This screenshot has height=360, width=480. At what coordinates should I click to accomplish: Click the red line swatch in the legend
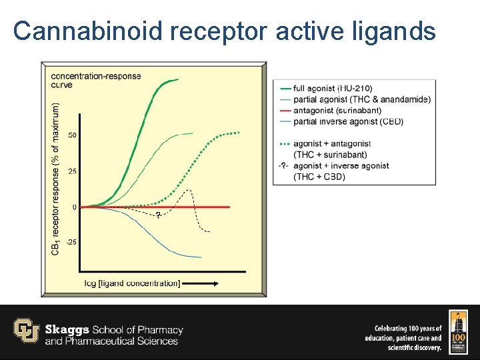click(284, 110)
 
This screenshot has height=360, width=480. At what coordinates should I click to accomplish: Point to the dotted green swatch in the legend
click(284, 143)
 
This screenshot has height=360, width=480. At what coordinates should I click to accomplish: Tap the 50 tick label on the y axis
click(72, 135)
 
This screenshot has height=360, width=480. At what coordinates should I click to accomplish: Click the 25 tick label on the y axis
click(72, 171)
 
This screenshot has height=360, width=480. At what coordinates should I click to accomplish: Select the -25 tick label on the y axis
click(71, 242)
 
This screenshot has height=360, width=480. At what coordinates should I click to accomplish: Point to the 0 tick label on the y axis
click(74, 207)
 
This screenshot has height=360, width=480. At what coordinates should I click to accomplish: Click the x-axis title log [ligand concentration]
click(132, 283)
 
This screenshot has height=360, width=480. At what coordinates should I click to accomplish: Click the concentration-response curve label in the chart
click(96, 80)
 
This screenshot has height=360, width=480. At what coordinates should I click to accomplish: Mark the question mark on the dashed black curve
click(157, 215)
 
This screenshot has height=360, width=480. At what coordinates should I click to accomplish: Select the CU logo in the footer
click(27, 331)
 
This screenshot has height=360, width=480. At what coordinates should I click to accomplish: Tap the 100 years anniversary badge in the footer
click(459, 331)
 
